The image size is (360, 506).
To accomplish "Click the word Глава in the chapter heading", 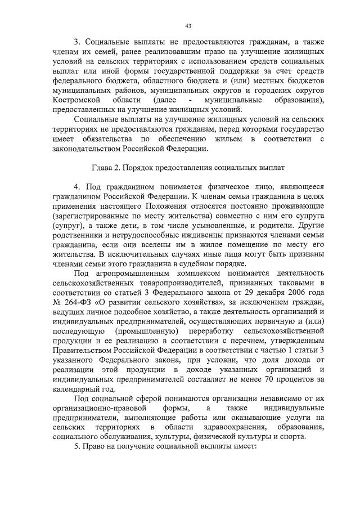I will coord(102,168).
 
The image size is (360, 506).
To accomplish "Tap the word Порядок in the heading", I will coord(135,168).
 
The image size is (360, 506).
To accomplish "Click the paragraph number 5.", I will coord(76,447).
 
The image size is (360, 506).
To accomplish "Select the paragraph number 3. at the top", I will coord(78,42).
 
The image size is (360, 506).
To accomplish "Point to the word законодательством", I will coord(84,149).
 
